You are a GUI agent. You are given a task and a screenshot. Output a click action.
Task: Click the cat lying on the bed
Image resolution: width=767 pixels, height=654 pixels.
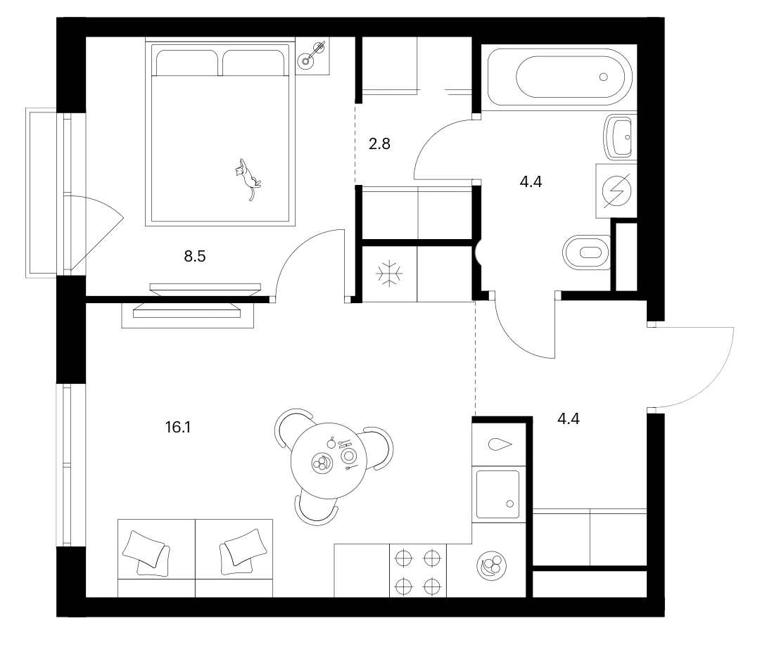click(247, 179)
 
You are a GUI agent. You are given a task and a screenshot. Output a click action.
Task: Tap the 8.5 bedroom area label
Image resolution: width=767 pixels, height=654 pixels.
click(195, 256)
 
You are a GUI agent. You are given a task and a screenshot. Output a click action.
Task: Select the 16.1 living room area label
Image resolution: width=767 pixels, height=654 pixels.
click(177, 428)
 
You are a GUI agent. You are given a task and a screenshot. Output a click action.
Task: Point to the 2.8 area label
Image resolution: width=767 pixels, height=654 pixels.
click(379, 144)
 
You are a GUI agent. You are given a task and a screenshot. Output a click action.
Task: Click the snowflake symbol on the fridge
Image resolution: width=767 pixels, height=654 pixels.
click(389, 273)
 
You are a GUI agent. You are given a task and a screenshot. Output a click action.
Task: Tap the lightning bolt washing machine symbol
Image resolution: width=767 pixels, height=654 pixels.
click(616, 191)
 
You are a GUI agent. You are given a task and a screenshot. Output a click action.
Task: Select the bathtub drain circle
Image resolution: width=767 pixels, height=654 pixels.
click(603, 77)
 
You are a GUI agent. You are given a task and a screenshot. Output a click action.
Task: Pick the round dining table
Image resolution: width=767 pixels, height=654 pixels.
click(329, 461)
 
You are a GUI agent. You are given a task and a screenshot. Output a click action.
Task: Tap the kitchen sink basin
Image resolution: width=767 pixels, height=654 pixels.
click(497, 494)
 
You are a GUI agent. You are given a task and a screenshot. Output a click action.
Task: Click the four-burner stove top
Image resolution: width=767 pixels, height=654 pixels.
click(418, 570)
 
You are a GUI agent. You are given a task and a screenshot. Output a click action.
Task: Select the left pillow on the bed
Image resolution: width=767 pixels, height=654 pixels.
click(187, 63)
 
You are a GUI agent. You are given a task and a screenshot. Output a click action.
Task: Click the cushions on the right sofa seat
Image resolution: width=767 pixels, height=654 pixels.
click(243, 551)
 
